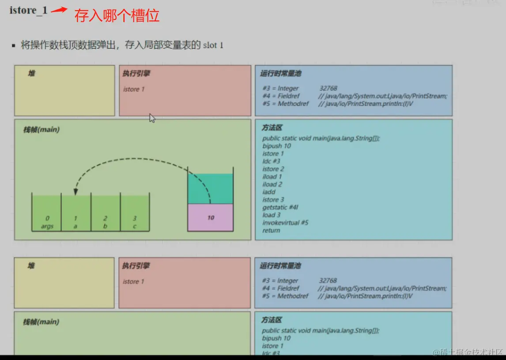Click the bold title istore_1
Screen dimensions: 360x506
point(28,11)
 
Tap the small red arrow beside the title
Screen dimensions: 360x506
point(59,10)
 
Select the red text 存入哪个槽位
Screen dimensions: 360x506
point(117,16)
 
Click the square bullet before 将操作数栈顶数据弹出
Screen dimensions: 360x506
point(14,45)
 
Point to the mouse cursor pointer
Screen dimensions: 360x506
point(152,118)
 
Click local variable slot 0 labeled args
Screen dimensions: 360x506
point(47,213)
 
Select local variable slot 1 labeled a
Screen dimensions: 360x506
point(76,213)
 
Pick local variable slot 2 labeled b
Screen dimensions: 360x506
point(106,213)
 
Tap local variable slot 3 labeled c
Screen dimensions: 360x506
point(135,213)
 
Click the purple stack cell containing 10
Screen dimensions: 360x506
point(210,217)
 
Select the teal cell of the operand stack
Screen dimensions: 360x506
point(210,189)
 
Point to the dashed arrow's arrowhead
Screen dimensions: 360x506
point(76,192)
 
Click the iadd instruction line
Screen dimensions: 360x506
point(269,192)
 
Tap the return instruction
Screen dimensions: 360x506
point(271,230)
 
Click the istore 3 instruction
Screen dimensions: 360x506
point(273,200)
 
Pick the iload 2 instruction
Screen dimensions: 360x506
point(272,184)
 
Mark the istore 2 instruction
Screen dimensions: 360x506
point(273,169)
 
